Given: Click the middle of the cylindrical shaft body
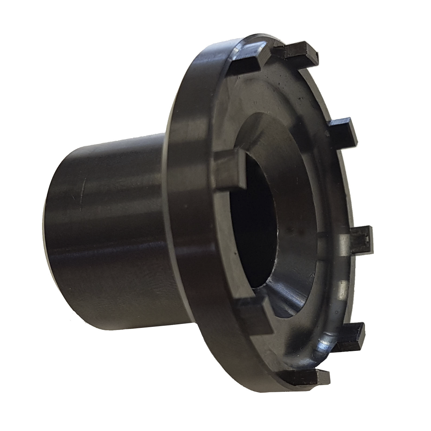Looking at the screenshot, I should point(115,230).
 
